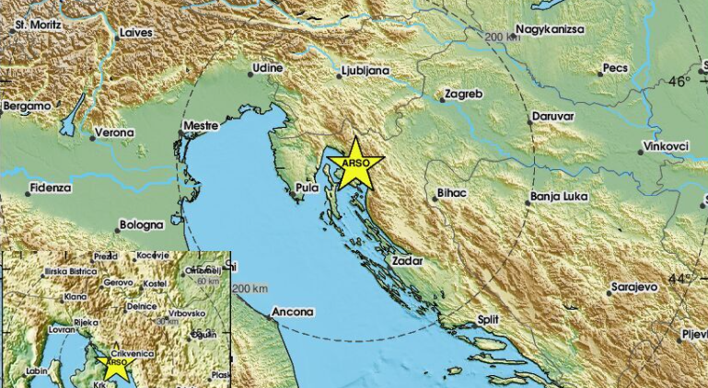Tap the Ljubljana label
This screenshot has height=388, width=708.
(x=366, y=70)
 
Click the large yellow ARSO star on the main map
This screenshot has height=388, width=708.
(x=355, y=165)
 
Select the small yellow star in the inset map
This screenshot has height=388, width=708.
(x=116, y=366)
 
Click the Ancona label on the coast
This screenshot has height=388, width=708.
(x=295, y=312)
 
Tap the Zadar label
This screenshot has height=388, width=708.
(x=407, y=262)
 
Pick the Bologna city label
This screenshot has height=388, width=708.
(x=141, y=224)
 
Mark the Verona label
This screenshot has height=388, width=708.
(x=116, y=132)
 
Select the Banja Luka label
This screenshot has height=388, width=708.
(x=559, y=198)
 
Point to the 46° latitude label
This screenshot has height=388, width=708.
(x=679, y=81)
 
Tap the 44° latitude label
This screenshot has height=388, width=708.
(x=679, y=278)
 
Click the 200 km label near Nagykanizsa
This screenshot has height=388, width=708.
(x=504, y=37)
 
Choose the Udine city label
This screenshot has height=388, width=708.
(x=268, y=68)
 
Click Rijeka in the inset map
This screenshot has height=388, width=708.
(x=86, y=322)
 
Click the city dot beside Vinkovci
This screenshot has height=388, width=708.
(x=641, y=146)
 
